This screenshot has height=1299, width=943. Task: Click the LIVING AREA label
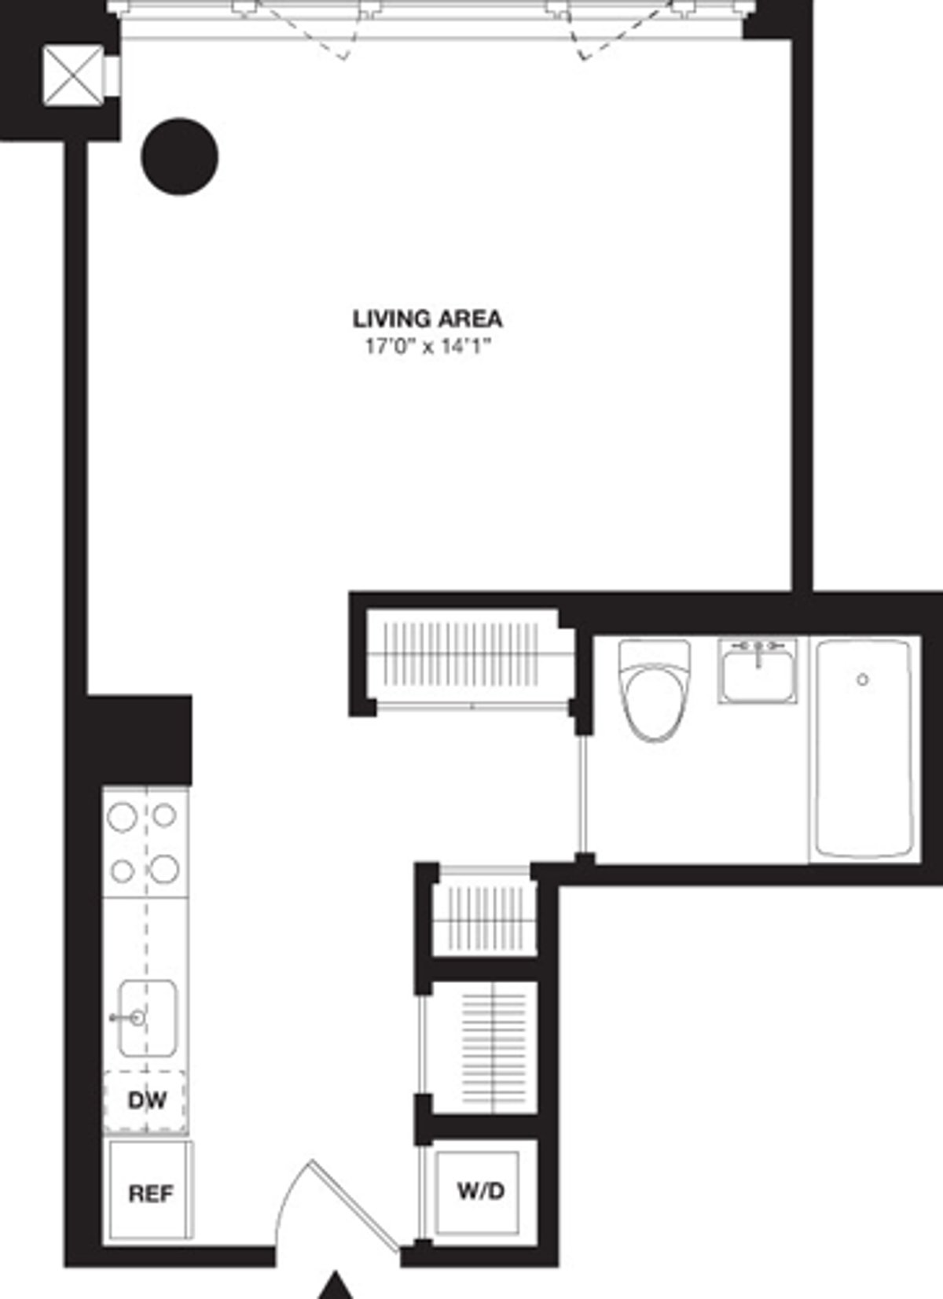(x=427, y=319)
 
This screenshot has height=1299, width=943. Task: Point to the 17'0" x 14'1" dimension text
(x=427, y=346)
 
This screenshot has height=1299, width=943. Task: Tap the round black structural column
(x=179, y=156)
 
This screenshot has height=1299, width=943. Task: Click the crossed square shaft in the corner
(x=72, y=75)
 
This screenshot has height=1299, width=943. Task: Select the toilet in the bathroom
(x=654, y=692)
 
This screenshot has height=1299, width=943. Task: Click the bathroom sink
(x=757, y=672)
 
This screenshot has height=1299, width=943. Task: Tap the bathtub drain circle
(x=863, y=679)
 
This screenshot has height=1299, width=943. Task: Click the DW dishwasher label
(x=147, y=1100)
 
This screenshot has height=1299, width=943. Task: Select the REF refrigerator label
(x=150, y=1194)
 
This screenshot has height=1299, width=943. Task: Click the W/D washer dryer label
(x=480, y=1191)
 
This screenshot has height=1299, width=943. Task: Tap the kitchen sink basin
(x=148, y=1017)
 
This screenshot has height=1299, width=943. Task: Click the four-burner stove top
(x=145, y=843)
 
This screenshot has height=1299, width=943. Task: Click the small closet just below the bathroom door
(x=484, y=916)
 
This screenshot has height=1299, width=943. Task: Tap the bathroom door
(x=582, y=794)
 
